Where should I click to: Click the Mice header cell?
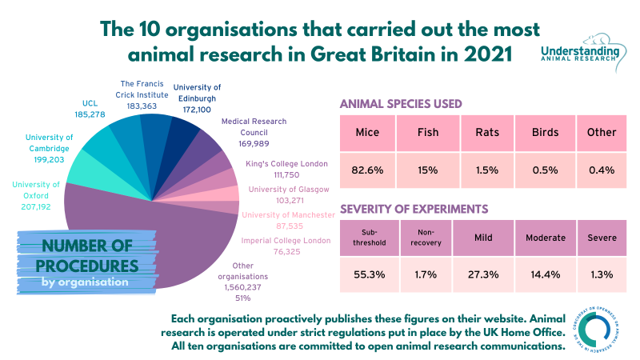[368, 132]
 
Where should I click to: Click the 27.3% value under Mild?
[483, 274]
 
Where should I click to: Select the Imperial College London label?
[285, 246]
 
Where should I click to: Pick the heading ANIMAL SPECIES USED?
[412, 104]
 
